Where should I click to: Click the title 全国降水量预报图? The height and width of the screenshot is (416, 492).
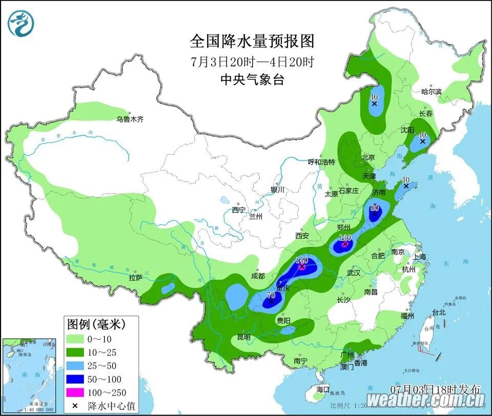coord(252,41)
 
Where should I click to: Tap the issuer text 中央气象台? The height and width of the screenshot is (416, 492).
coord(252,80)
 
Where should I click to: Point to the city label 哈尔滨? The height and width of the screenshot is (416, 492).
coord(431,92)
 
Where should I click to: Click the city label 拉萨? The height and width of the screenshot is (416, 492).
coord(135,278)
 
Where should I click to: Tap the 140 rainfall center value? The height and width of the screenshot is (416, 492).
coord(302,260)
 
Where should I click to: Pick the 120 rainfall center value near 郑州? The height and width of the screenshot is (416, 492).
coord(345,238)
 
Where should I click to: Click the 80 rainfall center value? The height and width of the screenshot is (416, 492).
coord(374,208)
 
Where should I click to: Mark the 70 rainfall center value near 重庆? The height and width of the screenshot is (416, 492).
coord(271,295)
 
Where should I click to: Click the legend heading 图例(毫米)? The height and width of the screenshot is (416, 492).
coord(96,324)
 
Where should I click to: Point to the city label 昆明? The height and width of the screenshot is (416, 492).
coord(244,337)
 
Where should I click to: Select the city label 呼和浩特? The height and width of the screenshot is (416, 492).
coord(321,162)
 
